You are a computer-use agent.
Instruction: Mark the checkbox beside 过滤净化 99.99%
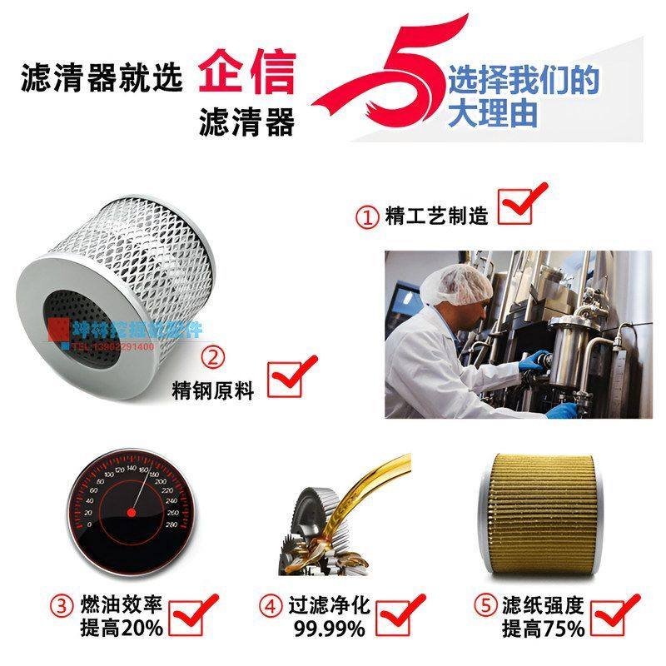click(x=396, y=617)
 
